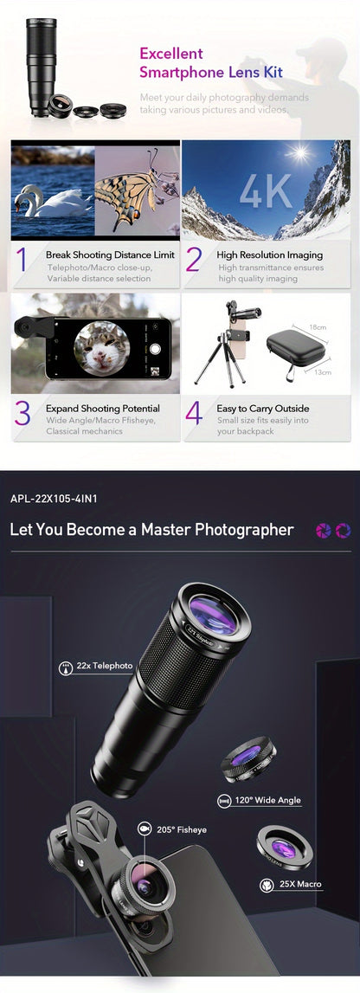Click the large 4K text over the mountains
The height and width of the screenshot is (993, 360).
(267, 192)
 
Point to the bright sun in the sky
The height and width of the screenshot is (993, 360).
(300, 154)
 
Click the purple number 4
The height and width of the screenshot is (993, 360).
(195, 415)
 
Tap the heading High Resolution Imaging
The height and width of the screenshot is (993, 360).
(269, 255)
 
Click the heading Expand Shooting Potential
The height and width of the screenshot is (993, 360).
(103, 409)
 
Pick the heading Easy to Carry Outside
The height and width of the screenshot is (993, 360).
(263, 409)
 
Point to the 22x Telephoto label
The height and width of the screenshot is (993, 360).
(105, 666)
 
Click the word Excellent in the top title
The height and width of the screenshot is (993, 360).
(170, 54)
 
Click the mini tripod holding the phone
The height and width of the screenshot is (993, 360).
(211, 355)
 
